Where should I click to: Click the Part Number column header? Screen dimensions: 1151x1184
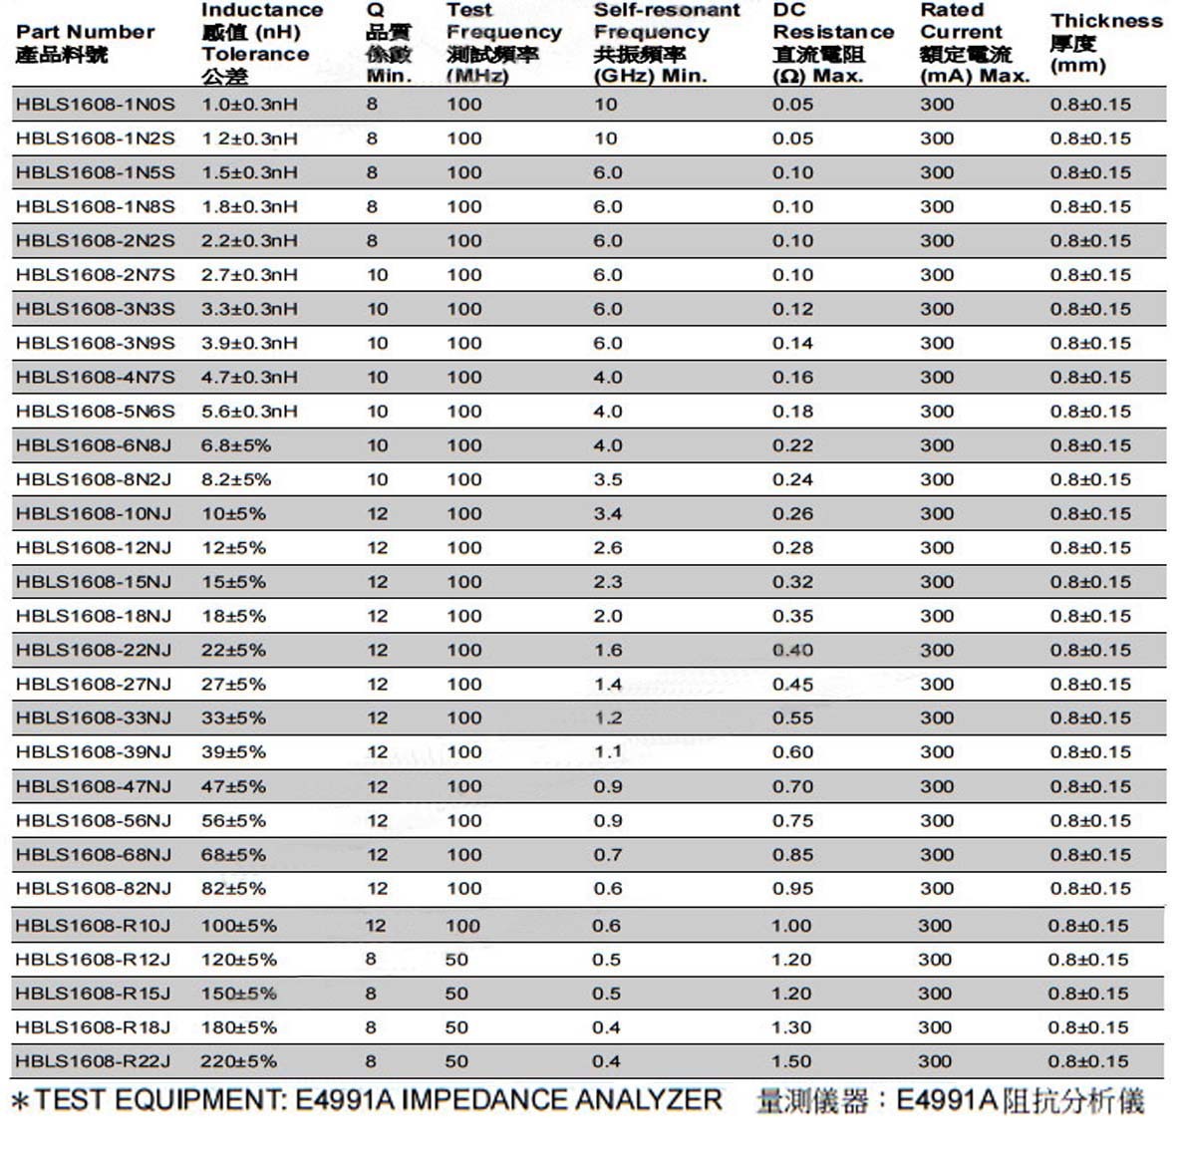pyautogui.click(x=85, y=43)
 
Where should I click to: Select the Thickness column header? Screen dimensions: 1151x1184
pyautogui.click(x=1105, y=43)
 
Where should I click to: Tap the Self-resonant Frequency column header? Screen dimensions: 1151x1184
pyautogui.click(x=666, y=43)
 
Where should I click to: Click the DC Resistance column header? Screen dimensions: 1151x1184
pyautogui.click(x=832, y=43)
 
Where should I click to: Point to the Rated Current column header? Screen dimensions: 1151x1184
pyautogui.click(x=973, y=43)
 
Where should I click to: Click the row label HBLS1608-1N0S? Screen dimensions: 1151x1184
pyautogui.click(x=95, y=105)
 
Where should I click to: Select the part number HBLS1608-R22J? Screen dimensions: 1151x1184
pyautogui.click(x=93, y=1061)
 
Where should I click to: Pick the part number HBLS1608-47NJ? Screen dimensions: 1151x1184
pyautogui.click(x=94, y=786)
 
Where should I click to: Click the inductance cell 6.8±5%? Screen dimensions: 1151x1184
pyautogui.click(x=236, y=445)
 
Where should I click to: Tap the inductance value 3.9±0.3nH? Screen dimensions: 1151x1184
pyautogui.click(x=249, y=343)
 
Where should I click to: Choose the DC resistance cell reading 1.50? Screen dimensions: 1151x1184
pyautogui.click(x=791, y=1061)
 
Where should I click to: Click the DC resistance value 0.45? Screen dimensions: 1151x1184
pyautogui.click(x=792, y=685)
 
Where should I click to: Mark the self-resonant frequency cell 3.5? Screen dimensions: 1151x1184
pyautogui.click(x=608, y=479)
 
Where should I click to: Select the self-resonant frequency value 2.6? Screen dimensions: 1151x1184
pyautogui.click(x=608, y=548)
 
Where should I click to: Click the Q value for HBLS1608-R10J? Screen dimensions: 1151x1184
pyautogui.click(x=376, y=926)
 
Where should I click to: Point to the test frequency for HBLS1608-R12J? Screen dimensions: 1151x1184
pyautogui.click(x=456, y=960)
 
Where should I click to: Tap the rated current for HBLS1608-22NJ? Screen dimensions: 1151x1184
pyautogui.click(x=937, y=650)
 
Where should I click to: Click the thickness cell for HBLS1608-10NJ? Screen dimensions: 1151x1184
pyautogui.click(x=1090, y=514)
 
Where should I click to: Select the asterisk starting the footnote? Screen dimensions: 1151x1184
pyautogui.click(x=21, y=1102)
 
